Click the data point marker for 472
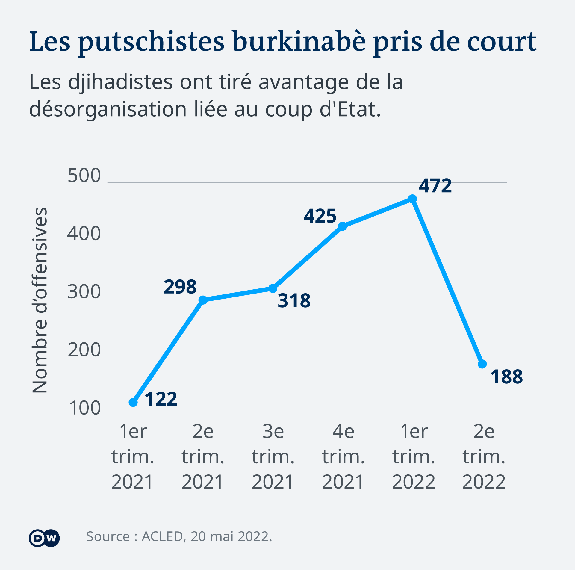coord(412,199)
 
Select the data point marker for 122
coord(133,402)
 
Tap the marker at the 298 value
coord(203,300)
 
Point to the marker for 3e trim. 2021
coord(273,288)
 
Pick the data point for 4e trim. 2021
coord(343,226)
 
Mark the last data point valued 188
coord(482,364)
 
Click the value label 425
coord(320,216)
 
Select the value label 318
coord(294,301)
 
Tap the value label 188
coord(506,377)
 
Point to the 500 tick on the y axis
coord(84,176)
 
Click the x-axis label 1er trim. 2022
coord(414,457)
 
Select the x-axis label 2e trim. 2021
coord(203,457)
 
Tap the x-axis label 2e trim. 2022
coord(484,457)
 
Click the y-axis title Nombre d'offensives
coord(40,300)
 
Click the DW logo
coord(44,538)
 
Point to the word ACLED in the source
coord(162,537)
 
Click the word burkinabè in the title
coord(299,41)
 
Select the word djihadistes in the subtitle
coord(120,82)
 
